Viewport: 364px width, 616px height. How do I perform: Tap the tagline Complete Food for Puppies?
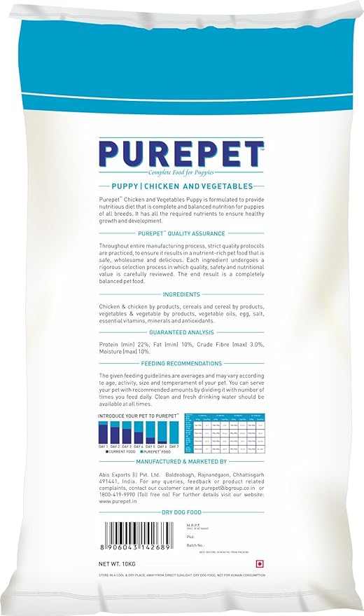point(181,172)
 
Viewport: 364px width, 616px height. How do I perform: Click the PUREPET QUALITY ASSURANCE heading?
point(181,234)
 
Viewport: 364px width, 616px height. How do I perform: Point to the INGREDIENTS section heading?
point(181,295)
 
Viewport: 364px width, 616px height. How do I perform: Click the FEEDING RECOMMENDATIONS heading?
point(181,364)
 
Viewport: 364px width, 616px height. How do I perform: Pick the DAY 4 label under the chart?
point(138,446)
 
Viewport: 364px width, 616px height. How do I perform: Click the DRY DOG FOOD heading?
point(181,513)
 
